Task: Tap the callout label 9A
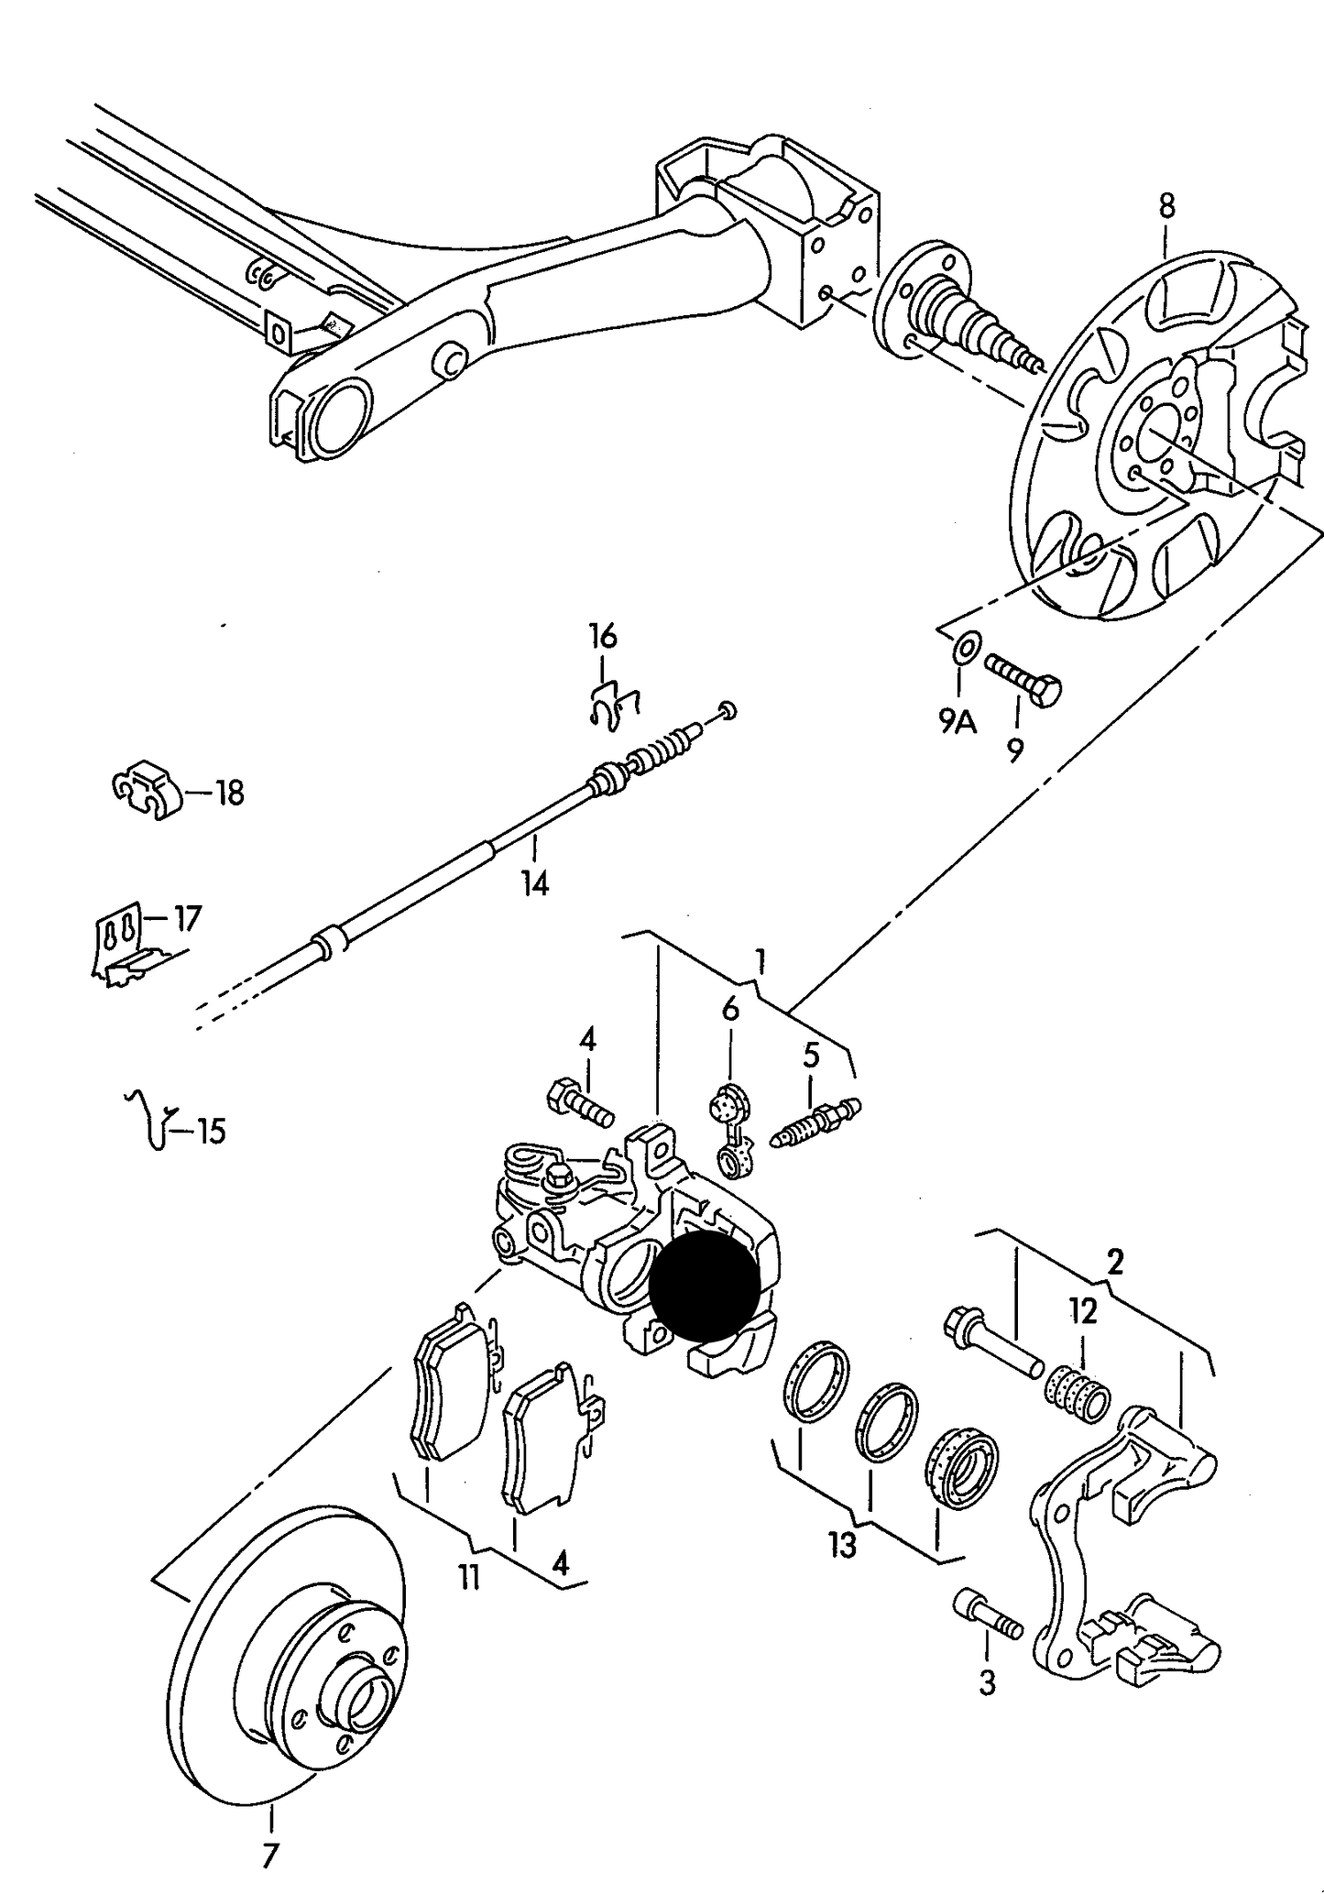957,724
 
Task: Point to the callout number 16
603,635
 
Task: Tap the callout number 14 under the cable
535,884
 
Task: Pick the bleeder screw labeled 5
816,1122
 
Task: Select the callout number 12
1082,1312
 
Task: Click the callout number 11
469,1578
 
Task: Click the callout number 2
1114,1263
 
